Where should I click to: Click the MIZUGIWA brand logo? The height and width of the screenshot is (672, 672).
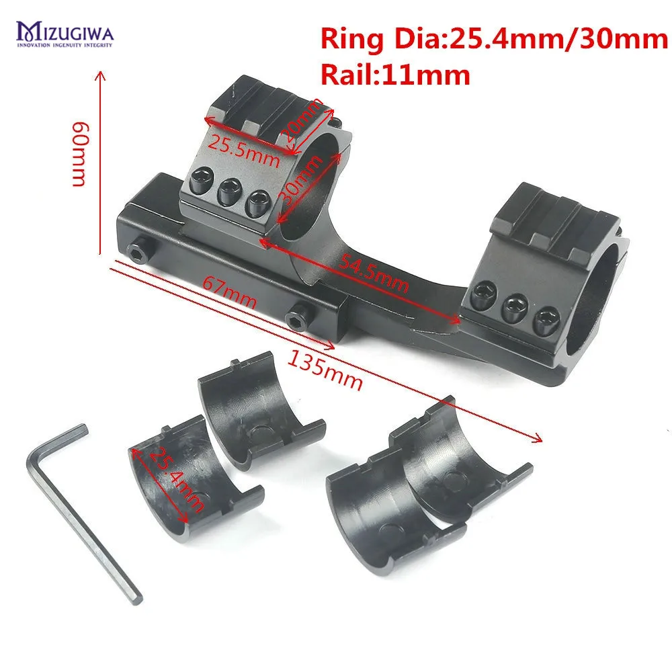pos(65,33)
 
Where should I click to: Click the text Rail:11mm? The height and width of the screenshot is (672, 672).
pos(395,75)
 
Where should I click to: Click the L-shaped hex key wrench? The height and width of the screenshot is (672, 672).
pos(81,511)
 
